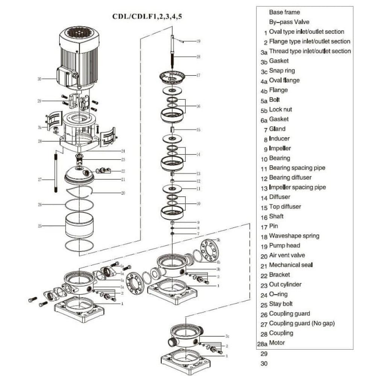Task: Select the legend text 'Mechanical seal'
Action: click(x=291, y=265)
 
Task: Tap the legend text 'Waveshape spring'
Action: click(x=294, y=236)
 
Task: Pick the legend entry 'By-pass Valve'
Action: click(x=289, y=22)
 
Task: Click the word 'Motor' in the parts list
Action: click(x=277, y=343)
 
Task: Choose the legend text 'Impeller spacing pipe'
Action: click(x=297, y=187)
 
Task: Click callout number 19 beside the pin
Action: click(x=198, y=41)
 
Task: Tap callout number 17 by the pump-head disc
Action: click(x=198, y=75)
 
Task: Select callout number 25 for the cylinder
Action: click(x=39, y=226)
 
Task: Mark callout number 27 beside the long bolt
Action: click(x=39, y=180)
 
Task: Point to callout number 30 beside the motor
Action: click(x=39, y=79)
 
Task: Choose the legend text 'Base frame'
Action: click(x=284, y=12)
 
